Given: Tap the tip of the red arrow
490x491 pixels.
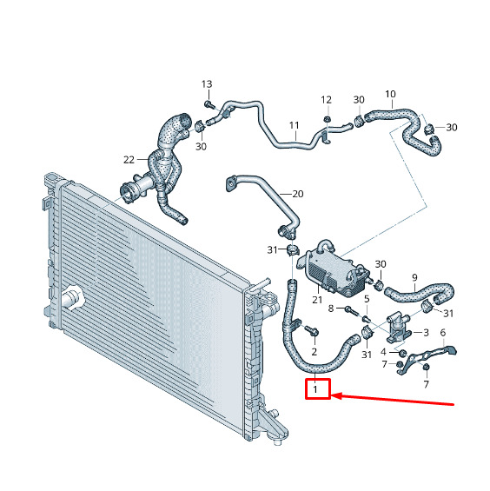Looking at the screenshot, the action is coord(331,396).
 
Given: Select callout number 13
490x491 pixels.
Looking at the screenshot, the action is coord(207,84).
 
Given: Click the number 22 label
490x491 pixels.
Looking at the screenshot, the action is coord(129,160).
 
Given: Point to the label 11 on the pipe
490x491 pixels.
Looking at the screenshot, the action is coord(294,125).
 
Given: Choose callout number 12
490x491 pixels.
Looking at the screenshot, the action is coord(326,100).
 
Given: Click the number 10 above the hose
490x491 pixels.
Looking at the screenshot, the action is coord(390,94).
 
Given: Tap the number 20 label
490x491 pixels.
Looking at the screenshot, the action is coord(298,194).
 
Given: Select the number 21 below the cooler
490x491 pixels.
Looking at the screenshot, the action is coord(317,300).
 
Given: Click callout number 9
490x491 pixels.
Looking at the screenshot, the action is coord(415,277).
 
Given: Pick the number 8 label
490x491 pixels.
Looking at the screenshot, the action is coord(331,309).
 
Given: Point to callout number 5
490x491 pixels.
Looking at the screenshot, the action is coord(367,299).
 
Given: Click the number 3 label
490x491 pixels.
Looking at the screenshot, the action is coord(426,332).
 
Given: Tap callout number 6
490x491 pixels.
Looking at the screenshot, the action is coord(443,333).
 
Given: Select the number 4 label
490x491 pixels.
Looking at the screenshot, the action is coord(383,352).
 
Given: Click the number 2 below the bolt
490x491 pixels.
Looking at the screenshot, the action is coord(315,352).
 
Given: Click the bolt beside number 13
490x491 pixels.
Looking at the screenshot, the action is coord(209,104).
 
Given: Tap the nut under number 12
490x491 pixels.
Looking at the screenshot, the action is coord(327,119).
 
